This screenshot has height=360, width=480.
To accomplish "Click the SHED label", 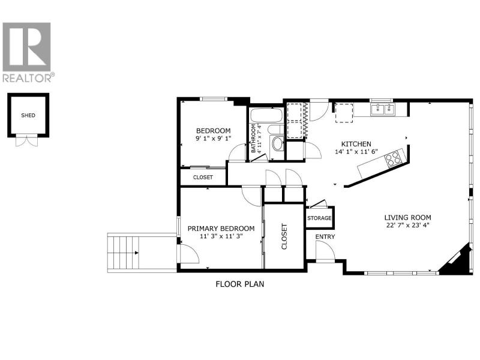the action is (x=28, y=115).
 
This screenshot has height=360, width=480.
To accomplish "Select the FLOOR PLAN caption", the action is (x=239, y=284).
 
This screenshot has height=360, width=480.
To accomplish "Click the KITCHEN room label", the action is (x=356, y=144).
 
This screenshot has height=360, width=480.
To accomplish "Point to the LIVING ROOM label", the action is (x=408, y=218).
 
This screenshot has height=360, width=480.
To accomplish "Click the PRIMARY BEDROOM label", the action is (x=221, y=229).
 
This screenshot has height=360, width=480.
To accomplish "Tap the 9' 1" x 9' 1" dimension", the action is (x=214, y=138).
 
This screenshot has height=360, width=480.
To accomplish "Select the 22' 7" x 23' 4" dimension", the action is (x=408, y=226).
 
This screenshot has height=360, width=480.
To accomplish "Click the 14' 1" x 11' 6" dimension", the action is (x=356, y=151).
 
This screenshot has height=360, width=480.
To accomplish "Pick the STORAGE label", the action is (x=319, y=218).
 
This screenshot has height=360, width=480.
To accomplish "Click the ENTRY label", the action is (x=325, y=236).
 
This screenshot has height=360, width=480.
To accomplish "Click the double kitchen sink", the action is (x=383, y=109).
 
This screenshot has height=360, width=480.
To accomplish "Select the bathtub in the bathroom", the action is (x=266, y=116).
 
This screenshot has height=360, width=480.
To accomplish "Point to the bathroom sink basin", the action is (x=278, y=143).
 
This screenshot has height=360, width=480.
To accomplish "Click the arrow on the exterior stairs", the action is (x=137, y=253).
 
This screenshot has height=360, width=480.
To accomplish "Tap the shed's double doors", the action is (x=26, y=141).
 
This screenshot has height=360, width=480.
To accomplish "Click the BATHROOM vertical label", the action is (x=253, y=139).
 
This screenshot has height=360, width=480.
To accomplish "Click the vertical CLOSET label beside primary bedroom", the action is (x=284, y=236).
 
